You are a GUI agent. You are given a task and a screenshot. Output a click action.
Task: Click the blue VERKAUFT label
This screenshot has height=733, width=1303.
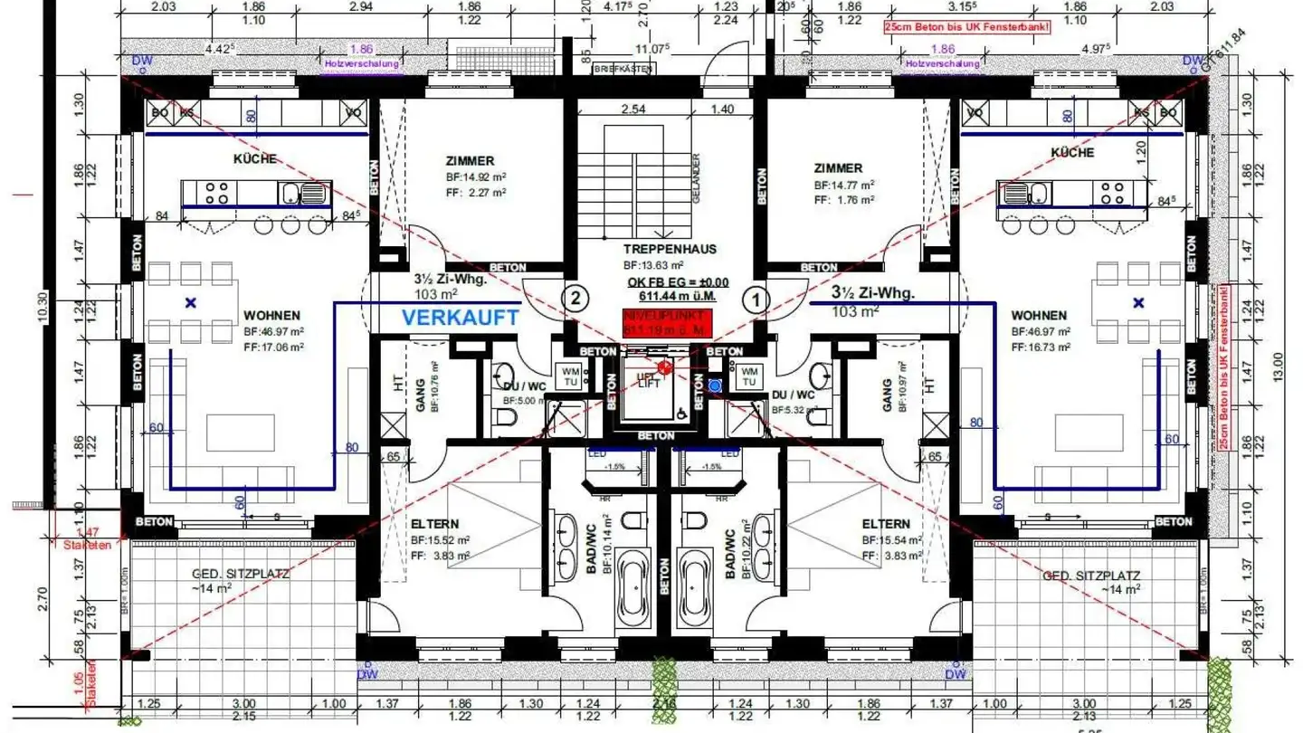pyautogui.click(x=461, y=317)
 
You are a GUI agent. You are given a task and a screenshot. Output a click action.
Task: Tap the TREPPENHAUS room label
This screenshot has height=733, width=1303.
pyautogui.click(x=670, y=249)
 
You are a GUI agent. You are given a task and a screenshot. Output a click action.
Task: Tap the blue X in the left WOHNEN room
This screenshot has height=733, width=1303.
pyautogui.click(x=190, y=303)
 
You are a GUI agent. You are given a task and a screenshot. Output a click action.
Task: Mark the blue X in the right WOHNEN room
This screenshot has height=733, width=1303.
pyautogui.click(x=1138, y=303)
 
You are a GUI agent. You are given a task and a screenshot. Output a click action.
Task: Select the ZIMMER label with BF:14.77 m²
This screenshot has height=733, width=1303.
pyautogui.click(x=838, y=167)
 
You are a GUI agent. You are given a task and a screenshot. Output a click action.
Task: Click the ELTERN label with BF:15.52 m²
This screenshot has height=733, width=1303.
pyautogui.click(x=434, y=524)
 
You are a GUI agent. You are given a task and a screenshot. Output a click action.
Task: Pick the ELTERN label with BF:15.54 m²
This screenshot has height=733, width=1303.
pyautogui.click(x=886, y=524)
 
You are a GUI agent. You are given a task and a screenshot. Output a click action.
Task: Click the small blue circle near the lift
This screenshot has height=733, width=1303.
pyautogui.click(x=715, y=386)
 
